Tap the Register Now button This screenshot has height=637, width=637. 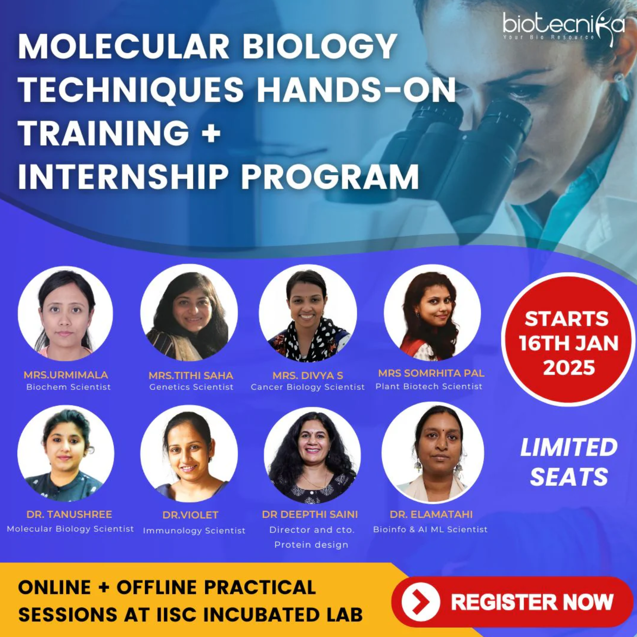pos(512,602)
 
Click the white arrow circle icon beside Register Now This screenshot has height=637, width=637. pos(421,602)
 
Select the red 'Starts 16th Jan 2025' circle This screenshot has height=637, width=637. pos(568,339)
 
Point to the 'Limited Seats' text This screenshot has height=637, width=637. pos(569,462)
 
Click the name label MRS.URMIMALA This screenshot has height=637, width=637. pos(66,375)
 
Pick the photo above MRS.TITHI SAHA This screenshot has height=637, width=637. pos(189,313)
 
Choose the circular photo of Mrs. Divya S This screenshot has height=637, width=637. pos(308,313)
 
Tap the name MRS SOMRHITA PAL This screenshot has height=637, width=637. pos(431,373)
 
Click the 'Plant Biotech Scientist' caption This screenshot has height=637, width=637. pos(429,386)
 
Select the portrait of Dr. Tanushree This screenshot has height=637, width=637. pos(66,453)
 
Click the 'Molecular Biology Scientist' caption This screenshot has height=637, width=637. pos(70,529)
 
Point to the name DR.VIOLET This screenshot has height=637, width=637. pos(190,515)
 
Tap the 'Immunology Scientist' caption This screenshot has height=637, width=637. pos(194,531)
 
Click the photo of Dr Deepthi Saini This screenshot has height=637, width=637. pos(312,455)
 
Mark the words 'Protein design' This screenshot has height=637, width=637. pos(311,545)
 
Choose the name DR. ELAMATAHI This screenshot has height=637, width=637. pos(431,514)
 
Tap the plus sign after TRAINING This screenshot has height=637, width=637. pos(211,133)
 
